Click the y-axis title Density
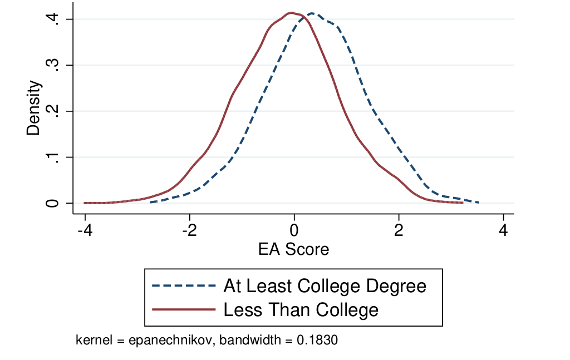35,108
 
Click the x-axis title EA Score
293,249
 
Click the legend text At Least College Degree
325,286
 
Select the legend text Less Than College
301,309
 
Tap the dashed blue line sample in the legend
183,286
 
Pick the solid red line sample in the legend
183,309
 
